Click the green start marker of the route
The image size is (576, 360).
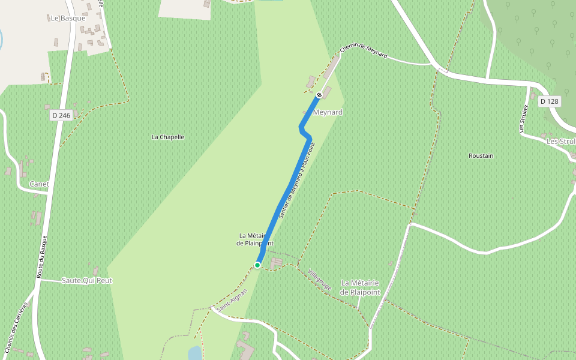[x=257, y=265]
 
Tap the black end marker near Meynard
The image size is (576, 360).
[x=319, y=95]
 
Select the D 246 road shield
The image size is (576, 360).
[x=61, y=115]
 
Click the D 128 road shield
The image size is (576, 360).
[x=549, y=101]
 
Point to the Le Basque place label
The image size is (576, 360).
[x=68, y=18]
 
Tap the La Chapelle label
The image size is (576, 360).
[x=168, y=137]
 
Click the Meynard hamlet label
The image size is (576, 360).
[x=328, y=112]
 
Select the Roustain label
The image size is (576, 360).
[x=481, y=155]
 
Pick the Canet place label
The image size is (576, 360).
[x=39, y=184]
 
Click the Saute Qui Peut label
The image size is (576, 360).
[x=87, y=280]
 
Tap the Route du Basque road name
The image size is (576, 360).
[x=41, y=256]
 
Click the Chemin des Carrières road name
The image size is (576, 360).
[x=16, y=327]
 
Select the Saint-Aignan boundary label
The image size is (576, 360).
[x=232, y=299]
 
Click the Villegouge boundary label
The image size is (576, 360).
[x=319, y=280]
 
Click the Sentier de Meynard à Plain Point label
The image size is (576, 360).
[x=296, y=179]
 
